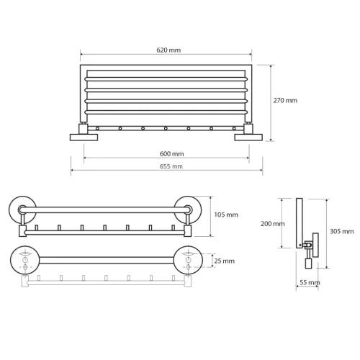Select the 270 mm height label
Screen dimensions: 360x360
pyautogui.click(x=285, y=101)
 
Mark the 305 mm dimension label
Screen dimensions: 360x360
pyautogui.click(x=342, y=231)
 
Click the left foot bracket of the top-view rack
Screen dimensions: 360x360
pyautogui.click(x=80, y=135)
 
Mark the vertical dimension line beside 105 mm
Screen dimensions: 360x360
pyautogui.click(x=211, y=215)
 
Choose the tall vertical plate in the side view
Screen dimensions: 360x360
pyautogui.click(x=299, y=223)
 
